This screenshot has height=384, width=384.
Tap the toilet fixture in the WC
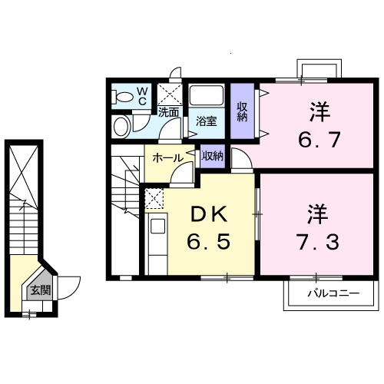point(121,96)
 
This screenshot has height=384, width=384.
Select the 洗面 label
point(169,111)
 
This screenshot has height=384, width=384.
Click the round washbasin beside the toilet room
point(122,125)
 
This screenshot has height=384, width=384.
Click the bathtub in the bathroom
point(205,98)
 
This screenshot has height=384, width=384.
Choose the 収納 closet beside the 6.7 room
point(242,111)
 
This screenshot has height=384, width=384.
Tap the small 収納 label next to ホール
point(213,156)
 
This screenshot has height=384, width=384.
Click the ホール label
point(167,157)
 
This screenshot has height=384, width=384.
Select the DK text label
point(208,211)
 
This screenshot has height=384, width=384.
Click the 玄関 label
point(40,290)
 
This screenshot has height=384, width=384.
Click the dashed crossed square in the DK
point(154,199)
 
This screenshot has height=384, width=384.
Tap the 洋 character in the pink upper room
point(318,112)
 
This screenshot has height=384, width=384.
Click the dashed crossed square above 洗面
point(169,94)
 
